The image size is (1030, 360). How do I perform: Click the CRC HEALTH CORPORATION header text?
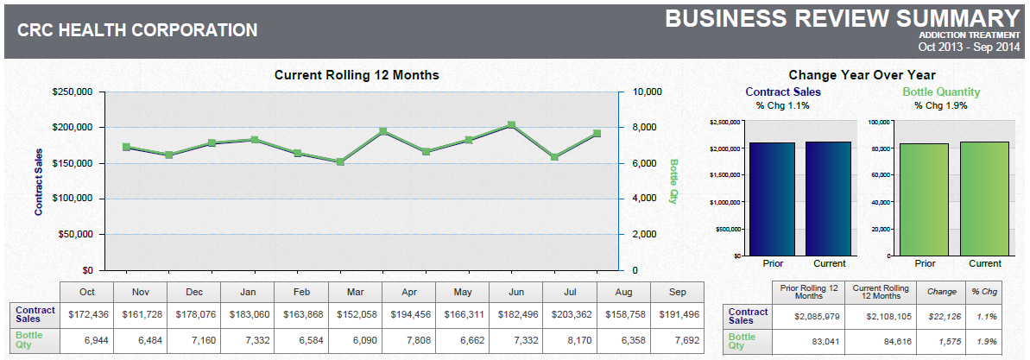coord(137,30)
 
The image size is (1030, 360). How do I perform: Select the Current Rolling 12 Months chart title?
coord(357,75)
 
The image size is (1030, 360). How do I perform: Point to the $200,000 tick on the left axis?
coord(75,127)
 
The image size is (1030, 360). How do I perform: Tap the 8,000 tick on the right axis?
coord(648,127)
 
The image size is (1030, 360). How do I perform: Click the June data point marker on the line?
coord(511,125)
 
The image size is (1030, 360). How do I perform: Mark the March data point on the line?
coord(340,161)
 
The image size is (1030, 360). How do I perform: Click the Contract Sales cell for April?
coord(409,313)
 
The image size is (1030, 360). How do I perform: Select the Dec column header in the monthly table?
coord(193,291)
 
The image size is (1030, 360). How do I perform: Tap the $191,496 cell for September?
coord(678,313)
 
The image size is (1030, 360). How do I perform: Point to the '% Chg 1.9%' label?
coord(941,105)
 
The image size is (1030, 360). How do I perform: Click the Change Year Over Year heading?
coord(862,75)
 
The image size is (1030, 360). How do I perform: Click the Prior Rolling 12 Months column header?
coord(809,292)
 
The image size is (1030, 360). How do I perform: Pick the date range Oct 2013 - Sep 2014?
coord(970,47)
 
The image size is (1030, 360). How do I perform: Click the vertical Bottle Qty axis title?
coord(674,180)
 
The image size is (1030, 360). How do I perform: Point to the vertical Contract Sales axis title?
coord(38,181)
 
